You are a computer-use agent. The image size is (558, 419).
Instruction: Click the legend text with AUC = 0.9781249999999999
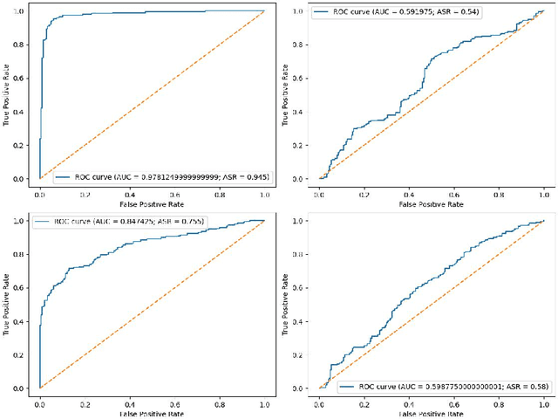(170, 177)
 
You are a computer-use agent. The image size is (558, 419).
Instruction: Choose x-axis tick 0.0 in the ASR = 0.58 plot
(322, 401)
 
